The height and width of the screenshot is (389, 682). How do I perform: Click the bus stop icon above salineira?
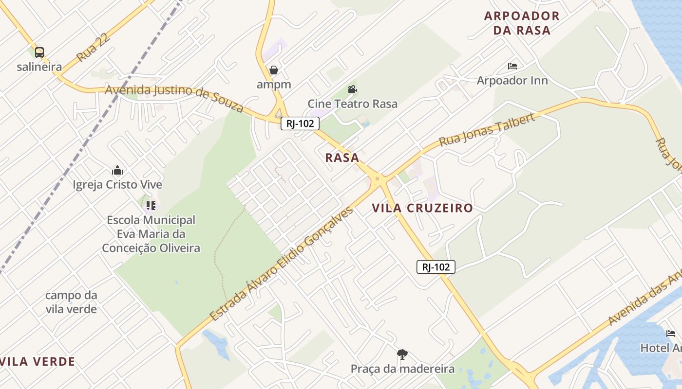39,53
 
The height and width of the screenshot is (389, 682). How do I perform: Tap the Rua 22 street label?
91,50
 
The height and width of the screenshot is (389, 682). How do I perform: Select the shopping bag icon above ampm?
274,70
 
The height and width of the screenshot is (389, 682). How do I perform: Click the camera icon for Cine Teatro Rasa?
352,89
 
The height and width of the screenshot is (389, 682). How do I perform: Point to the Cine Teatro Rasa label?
352,104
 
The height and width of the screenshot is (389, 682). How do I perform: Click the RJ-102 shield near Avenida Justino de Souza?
300,124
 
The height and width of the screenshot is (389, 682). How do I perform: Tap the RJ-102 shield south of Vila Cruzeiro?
436,266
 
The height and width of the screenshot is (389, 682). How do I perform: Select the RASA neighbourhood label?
342,158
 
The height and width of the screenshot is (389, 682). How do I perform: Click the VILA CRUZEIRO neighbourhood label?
422,208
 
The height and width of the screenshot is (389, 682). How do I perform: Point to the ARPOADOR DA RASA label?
522,23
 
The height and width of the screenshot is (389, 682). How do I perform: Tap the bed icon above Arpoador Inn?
512,66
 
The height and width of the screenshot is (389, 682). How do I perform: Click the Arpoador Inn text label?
512,80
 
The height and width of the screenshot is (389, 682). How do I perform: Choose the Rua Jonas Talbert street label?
487,130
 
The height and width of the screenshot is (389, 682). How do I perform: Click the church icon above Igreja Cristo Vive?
117,171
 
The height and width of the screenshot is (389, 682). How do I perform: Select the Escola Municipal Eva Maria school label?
151,234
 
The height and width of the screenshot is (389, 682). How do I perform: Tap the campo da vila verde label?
71,302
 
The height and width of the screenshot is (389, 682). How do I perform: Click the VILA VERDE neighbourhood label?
38,361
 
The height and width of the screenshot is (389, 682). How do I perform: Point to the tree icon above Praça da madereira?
402,354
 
